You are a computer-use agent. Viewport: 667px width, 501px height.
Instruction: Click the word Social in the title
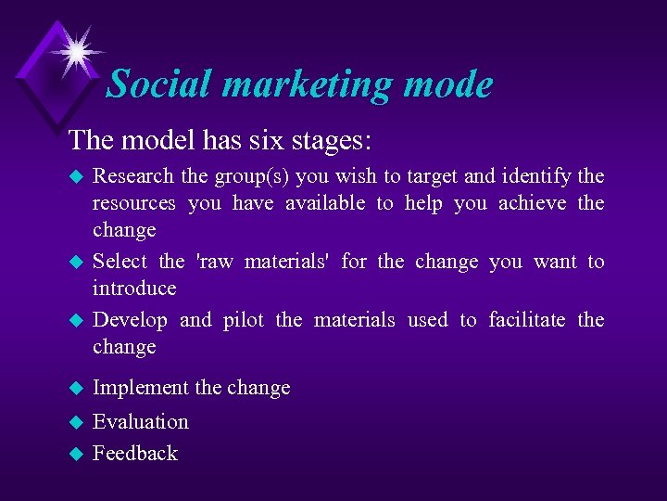(x=159, y=84)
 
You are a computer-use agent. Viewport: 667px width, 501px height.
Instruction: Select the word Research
(x=133, y=175)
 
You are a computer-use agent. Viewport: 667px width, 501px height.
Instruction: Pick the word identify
(x=537, y=175)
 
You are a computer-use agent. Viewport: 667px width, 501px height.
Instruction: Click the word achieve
(x=532, y=202)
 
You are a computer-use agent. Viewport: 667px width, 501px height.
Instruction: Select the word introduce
(x=134, y=288)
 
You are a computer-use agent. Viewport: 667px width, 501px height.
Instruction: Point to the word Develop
(x=130, y=321)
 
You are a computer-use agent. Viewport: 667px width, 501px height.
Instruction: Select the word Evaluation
(x=141, y=421)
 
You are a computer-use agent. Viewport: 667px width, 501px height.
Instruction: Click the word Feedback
(x=135, y=453)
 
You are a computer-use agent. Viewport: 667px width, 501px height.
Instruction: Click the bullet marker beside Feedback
(x=77, y=454)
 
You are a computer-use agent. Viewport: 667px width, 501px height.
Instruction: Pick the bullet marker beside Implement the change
(x=77, y=389)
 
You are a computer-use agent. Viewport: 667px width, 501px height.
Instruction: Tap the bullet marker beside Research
(x=77, y=176)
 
